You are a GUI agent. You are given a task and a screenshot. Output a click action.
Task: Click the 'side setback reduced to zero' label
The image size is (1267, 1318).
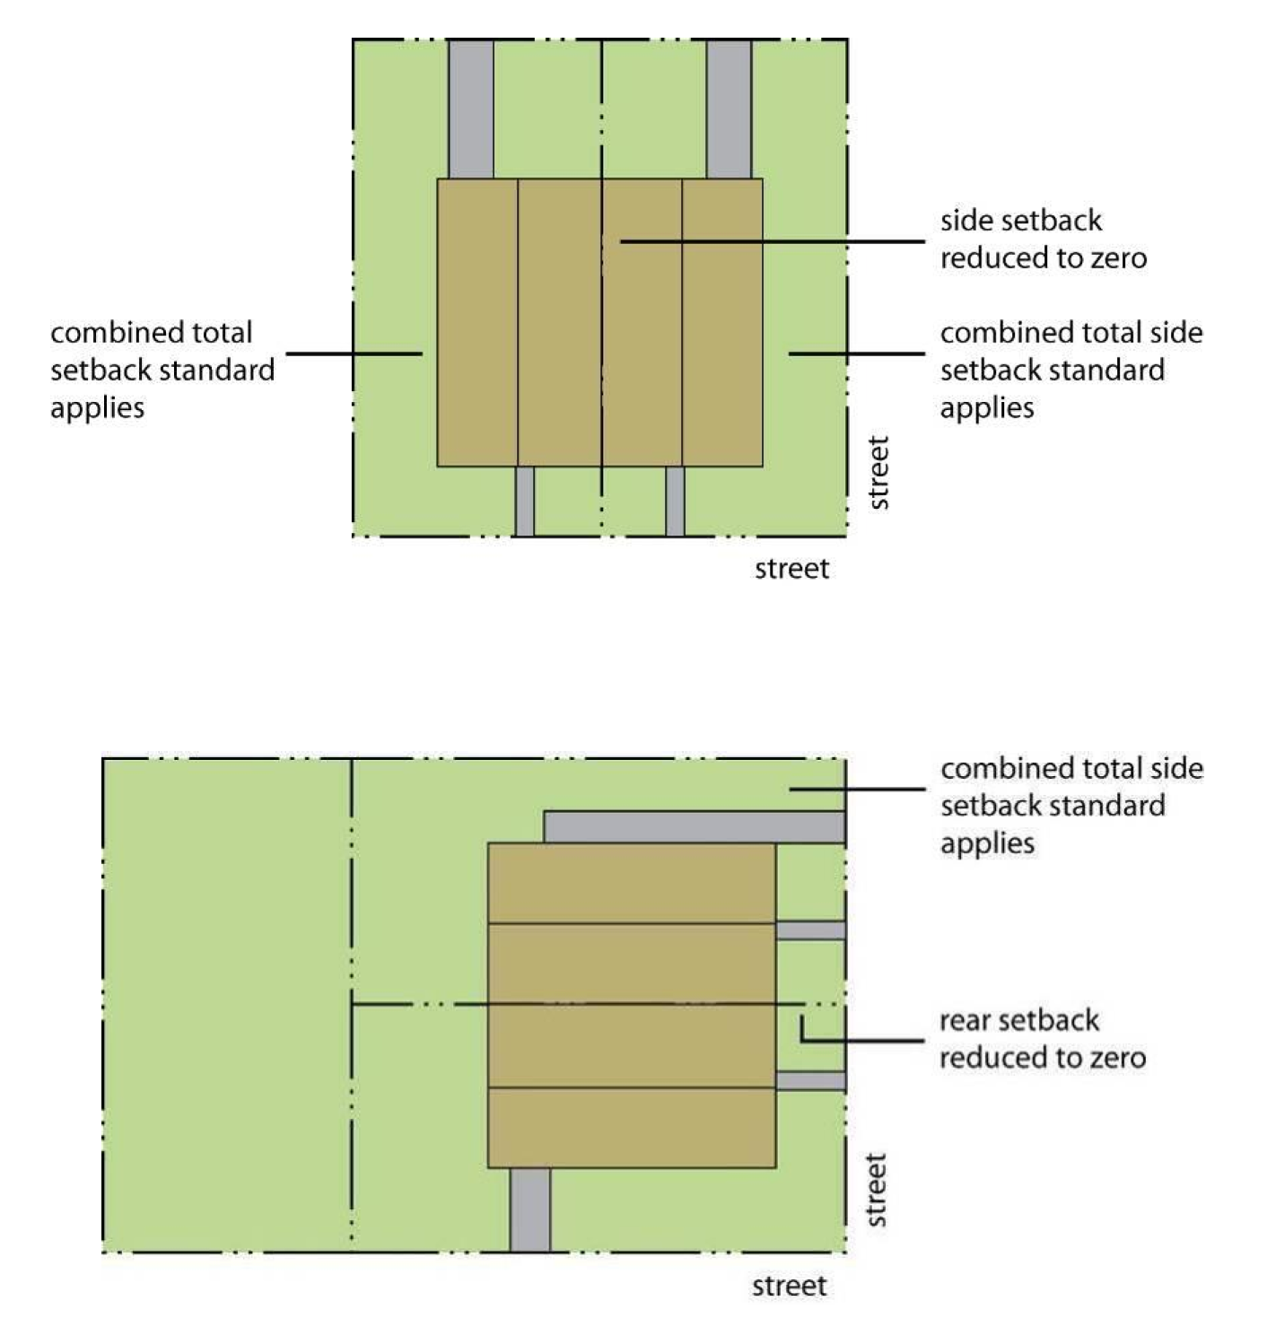pyautogui.click(x=1043, y=240)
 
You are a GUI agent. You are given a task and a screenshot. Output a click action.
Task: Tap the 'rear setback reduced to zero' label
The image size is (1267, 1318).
pyautogui.click(x=1042, y=1039)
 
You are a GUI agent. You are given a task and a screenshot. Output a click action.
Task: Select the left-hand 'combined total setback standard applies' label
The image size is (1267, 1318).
pyautogui.click(x=162, y=370)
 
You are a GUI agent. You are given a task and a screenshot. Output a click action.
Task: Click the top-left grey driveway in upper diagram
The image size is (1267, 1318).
pyautogui.click(x=470, y=109)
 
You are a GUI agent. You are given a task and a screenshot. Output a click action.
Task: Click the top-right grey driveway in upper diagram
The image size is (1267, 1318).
pyautogui.click(x=729, y=109)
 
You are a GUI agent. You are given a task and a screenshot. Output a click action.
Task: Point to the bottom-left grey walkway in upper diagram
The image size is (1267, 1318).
pyautogui.click(x=524, y=502)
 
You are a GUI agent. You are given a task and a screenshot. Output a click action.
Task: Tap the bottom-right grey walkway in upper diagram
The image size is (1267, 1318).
pyautogui.click(x=675, y=502)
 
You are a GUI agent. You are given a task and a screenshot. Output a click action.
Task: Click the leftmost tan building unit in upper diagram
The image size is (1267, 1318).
pyautogui.click(x=477, y=323)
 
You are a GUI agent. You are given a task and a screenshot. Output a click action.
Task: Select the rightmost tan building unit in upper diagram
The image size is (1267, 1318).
pyautogui.click(x=722, y=323)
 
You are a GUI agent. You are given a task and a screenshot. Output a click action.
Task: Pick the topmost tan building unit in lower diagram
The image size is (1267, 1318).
pyautogui.click(x=631, y=883)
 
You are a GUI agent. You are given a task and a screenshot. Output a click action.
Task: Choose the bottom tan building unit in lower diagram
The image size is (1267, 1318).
pyautogui.click(x=631, y=1128)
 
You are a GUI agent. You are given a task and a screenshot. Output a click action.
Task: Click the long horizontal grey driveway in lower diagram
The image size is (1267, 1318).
pyautogui.click(x=695, y=827)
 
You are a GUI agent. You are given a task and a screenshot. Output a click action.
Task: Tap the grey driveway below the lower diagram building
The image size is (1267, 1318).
pyautogui.click(x=529, y=1209)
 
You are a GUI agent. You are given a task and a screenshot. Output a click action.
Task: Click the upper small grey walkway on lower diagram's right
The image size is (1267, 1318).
pyautogui.click(x=810, y=930)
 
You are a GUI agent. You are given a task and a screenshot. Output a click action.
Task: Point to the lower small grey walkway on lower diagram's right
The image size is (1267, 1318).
pyautogui.click(x=810, y=1081)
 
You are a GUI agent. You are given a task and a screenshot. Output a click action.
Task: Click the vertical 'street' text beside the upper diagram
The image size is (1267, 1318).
pyautogui.click(x=878, y=473)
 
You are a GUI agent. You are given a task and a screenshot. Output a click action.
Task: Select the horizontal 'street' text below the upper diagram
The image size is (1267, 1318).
pyautogui.click(x=791, y=569)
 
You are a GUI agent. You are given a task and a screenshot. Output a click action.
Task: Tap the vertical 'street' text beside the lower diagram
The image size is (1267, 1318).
pyautogui.click(x=877, y=1190)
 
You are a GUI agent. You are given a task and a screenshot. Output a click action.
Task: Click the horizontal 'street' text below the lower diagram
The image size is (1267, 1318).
pyautogui.click(x=789, y=1287)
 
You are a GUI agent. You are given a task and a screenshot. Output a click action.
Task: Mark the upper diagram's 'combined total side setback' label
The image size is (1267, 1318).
pyautogui.click(x=1070, y=370)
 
